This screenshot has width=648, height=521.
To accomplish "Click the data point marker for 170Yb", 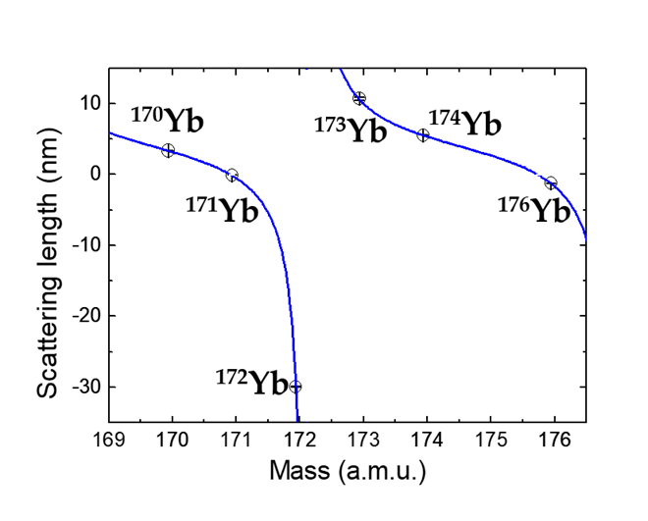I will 168,150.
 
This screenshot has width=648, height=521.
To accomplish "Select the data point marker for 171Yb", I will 232,176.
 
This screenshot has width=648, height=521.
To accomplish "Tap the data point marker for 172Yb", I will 295,387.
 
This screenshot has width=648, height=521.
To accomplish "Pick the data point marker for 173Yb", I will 359,98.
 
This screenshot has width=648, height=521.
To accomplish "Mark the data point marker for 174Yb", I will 423,134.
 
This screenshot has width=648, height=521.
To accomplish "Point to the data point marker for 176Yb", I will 551,182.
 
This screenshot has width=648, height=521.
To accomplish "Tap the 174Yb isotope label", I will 464,124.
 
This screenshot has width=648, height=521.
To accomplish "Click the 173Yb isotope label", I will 350,129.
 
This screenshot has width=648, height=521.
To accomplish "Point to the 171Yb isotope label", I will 222,209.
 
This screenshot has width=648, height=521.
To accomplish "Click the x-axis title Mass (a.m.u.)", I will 348,471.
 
